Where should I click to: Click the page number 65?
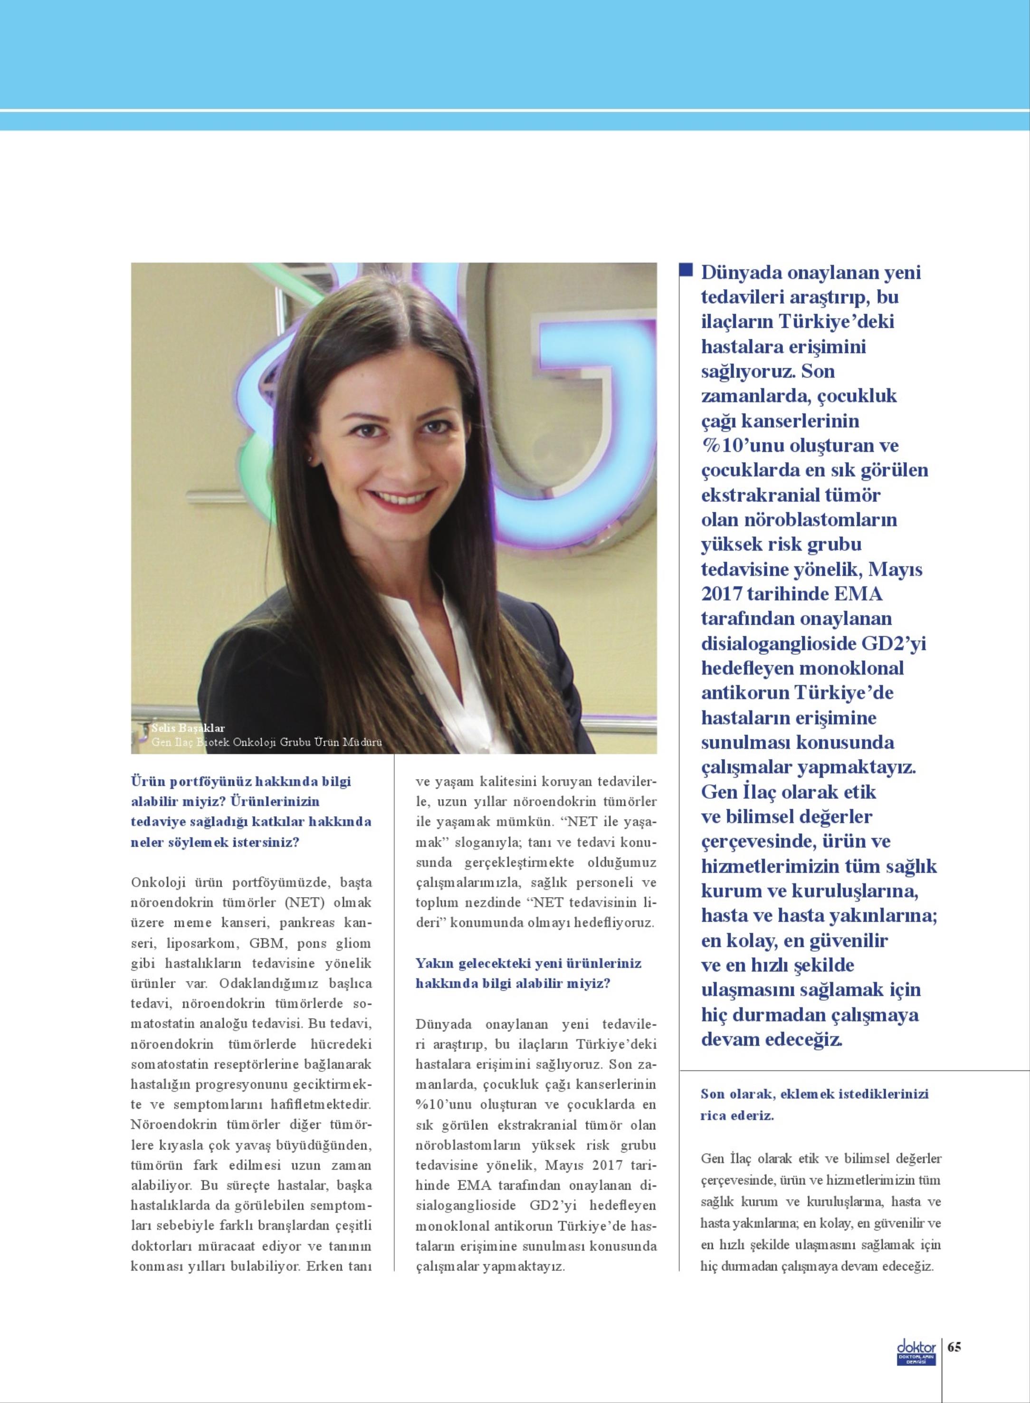[x=954, y=1346]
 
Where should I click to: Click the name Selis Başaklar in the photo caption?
[x=188, y=728]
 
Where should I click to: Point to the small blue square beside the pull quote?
[x=686, y=269]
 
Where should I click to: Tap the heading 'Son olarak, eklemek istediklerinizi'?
[x=814, y=1094]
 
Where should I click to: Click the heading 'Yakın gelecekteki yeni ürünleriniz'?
[x=528, y=964]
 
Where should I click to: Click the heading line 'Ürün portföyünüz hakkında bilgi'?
[x=241, y=781]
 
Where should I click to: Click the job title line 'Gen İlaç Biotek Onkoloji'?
[x=266, y=742]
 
